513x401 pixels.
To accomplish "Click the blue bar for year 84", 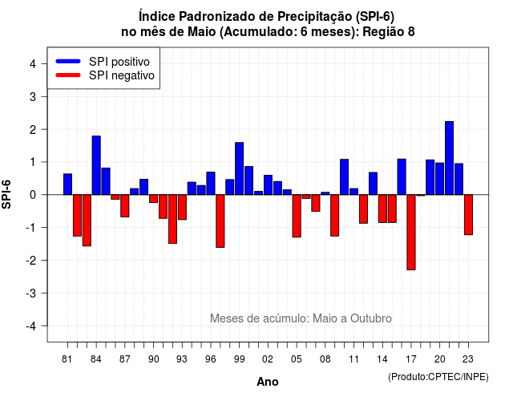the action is pos(96,165).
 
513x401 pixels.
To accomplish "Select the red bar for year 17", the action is pos(411,232).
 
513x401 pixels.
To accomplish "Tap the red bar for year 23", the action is pos(468,215).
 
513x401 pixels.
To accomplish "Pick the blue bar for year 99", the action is pos(239,168).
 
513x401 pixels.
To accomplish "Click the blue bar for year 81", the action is pos(67,184).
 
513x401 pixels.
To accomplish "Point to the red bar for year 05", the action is pos(297,216).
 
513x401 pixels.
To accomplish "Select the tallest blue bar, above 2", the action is pos(449,158).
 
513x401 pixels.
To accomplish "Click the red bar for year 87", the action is pos(125,205).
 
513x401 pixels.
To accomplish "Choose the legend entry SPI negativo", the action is pos(105,75).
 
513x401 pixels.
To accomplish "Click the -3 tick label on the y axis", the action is pos(31,293).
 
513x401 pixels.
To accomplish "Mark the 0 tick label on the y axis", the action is pos(32,195).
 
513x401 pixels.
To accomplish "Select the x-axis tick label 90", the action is pos(153,359).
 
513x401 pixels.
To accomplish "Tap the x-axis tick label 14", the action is pos(382,359).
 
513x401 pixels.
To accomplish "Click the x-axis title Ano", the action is pos(268,382).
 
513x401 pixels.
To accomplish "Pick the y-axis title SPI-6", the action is pos(6,194).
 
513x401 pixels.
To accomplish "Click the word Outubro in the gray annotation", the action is pos(370,318).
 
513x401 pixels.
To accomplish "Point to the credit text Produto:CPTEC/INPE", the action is pos(438,377).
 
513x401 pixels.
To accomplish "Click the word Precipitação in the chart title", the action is pos(316,16).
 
